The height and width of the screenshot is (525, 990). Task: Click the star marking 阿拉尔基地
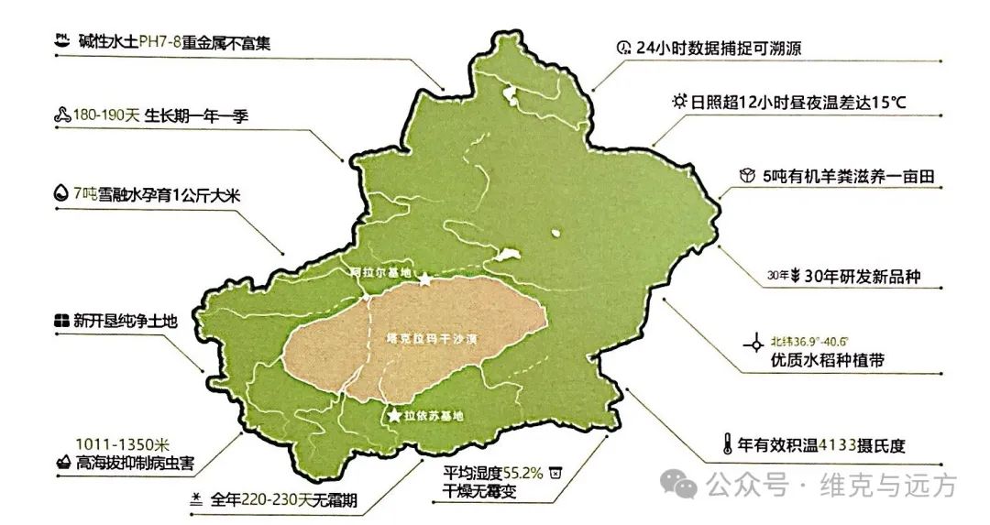point(425,279)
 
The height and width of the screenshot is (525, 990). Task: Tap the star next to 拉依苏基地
point(394,416)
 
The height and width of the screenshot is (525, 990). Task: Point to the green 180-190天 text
point(108,116)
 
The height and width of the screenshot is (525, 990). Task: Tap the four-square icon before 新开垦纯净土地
point(60,321)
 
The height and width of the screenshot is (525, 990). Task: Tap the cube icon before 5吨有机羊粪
point(746,176)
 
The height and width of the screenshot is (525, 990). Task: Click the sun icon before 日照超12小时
point(678,101)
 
